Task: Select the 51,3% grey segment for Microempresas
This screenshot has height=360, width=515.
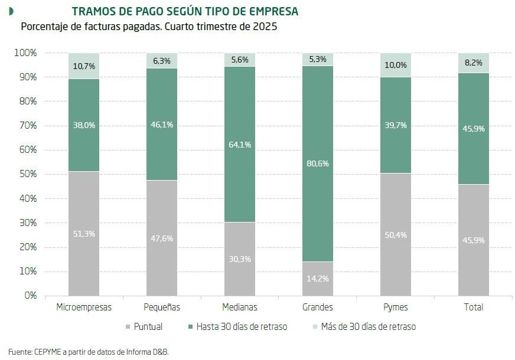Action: click(x=84, y=234)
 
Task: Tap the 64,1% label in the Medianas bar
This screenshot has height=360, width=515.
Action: click(x=240, y=145)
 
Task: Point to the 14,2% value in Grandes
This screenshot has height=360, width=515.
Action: click(x=318, y=279)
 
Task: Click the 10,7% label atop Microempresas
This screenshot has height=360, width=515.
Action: click(x=84, y=65)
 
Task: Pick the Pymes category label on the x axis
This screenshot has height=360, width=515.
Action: click(x=396, y=307)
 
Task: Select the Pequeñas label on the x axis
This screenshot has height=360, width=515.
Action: click(x=162, y=307)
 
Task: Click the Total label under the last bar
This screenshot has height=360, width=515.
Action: click(x=474, y=307)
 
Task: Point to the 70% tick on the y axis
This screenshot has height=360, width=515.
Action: click(x=25, y=126)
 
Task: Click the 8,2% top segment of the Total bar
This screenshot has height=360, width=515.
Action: click(x=474, y=63)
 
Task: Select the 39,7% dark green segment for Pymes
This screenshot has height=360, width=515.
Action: click(x=396, y=125)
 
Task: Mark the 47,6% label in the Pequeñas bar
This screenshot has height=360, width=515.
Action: click(x=162, y=238)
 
